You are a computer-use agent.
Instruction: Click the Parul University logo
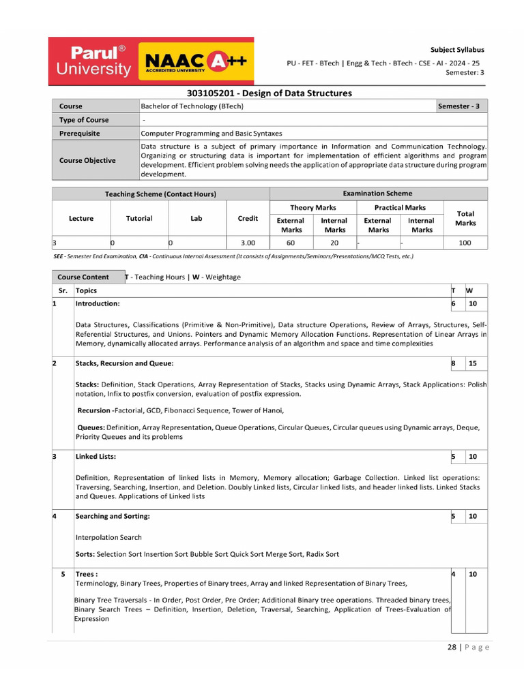click(x=93, y=61)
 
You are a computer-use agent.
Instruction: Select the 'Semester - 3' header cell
click(x=462, y=106)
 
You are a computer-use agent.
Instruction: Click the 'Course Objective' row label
click(x=87, y=160)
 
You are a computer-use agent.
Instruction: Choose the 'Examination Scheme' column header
click(x=377, y=194)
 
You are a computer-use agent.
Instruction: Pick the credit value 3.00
click(x=248, y=243)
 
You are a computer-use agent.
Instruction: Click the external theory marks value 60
click(x=290, y=243)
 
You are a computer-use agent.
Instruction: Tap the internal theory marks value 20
click(x=334, y=243)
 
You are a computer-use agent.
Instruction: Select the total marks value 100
click(x=465, y=243)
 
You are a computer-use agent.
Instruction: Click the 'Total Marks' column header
click(x=465, y=218)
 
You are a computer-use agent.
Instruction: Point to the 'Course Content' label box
click(x=83, y=277)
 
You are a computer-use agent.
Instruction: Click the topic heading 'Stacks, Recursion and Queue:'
click(x=124, y=363)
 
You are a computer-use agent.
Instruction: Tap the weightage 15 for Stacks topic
click(x=473, y=364)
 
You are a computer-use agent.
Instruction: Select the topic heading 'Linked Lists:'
click(x=96, y=456)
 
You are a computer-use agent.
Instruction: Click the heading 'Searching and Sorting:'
click(x=113, y=517)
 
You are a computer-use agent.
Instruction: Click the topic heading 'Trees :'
click(x=87, y=575)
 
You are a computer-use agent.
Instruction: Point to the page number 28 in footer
click(x=452, y=648)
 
